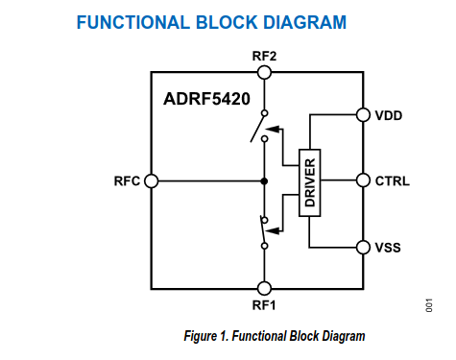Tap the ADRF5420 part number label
(206, 99)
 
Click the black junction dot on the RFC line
(264, 181)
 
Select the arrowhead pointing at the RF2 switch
(273, 129)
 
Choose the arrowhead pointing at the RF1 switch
(273, 230)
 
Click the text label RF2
(264, 56)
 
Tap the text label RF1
(264, 305)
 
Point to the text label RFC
(127, 181)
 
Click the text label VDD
(389, 115)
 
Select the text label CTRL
(393, 181)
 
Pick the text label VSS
(388, 248)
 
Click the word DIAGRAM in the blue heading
(304, 22)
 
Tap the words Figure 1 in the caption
(205, 336)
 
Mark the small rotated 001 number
(429, 305)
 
